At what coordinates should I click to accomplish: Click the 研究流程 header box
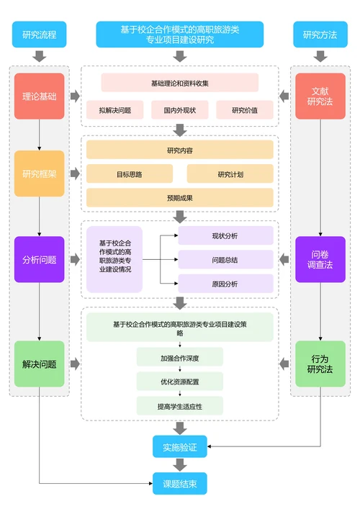[39, 35]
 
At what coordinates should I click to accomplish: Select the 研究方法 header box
[320, 35]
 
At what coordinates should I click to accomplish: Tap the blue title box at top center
[179, 35]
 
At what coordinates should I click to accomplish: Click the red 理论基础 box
[39, 96]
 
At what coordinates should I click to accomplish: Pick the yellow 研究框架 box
[39, 174]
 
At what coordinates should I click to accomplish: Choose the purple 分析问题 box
[39, 259]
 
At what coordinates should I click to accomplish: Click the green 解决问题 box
[39, 364]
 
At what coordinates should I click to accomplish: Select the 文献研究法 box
[320, 96]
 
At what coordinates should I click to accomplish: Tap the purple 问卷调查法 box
[320, 259]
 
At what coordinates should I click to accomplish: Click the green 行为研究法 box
[320, 364]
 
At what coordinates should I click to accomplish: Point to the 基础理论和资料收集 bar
[179, 83]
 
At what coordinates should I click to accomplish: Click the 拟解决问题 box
[114, 110]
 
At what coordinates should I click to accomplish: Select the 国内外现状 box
[179, 110]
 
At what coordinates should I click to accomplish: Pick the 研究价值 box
[244, 110]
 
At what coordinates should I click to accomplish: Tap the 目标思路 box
[130, 174]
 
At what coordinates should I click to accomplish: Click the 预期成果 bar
[179, 198]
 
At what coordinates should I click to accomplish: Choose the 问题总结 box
[225, 260]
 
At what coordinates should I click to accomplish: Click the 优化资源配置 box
[179, 382]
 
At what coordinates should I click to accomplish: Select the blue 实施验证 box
[179, 446]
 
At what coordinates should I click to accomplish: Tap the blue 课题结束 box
[179, 483]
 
